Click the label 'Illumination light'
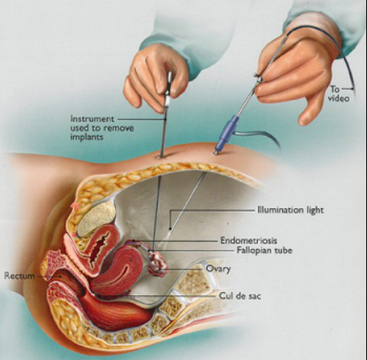[291, 210]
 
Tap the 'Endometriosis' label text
[249, 240]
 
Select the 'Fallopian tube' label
[265, 250]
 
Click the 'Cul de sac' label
[240, 296]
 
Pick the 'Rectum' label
[19, 276]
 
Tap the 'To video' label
[339, 94]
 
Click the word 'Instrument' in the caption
[92, 119]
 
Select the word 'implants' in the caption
[87, 137]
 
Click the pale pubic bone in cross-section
[96, 219]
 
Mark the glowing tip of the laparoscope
[170, 229]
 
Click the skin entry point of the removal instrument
[160, 157]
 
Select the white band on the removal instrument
[167, 101]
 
